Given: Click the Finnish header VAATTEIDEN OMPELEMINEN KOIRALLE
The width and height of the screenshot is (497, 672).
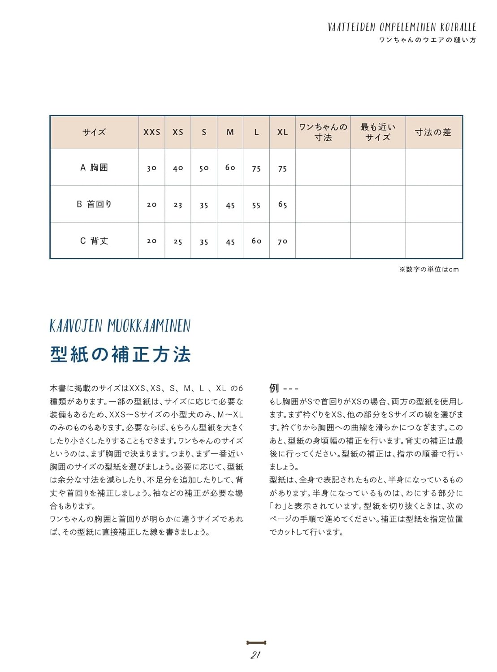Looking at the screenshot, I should point(402,27).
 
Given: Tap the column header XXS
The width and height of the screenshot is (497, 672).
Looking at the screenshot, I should point(151,132).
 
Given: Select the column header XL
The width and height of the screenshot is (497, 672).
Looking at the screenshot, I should point(282,132).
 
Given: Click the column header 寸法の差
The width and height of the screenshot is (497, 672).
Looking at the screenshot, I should point(433,132).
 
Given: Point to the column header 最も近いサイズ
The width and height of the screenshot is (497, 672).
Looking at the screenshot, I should point(378,132).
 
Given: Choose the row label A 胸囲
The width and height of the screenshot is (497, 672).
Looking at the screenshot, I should point(94,168).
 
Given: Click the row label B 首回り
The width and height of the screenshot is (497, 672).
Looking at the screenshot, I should point(94,204).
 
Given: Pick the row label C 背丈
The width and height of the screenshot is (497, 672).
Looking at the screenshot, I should point(94,241).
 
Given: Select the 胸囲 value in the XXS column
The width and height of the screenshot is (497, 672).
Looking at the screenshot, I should point(151,168).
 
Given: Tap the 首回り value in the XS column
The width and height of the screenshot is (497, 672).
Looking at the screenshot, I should point(178,205).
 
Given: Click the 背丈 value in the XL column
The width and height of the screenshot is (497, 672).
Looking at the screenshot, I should point(282,241).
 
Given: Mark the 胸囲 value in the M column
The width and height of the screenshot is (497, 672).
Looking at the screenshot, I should point(230,168).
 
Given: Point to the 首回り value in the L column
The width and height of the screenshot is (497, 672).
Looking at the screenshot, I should point(256,205).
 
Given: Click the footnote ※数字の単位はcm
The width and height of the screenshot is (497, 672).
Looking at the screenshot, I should point(429,269).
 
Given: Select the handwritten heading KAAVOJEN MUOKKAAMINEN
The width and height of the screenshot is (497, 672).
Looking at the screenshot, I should point(120,326).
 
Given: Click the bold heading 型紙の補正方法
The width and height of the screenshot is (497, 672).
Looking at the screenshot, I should point(120,354).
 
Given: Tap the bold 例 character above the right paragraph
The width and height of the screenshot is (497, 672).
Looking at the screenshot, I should point(274,388).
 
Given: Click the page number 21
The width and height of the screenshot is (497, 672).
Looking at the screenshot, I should point(255,655).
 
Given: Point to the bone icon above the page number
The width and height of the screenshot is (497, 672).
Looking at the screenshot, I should point(256,643).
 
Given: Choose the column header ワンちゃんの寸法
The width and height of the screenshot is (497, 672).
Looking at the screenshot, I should point(323,132).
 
